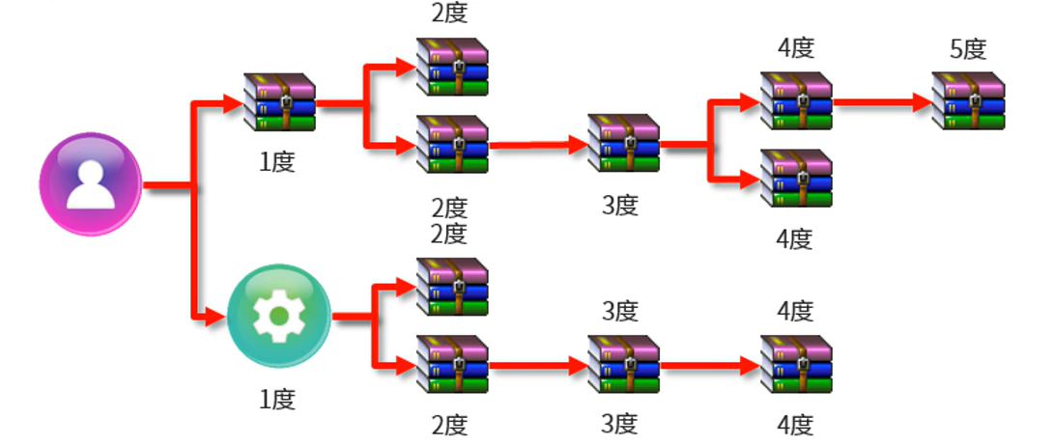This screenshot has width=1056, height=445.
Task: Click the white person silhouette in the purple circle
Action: click(90, 184)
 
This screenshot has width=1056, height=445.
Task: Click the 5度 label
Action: click(968, 48)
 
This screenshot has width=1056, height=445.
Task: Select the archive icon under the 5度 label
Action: click(968, 100)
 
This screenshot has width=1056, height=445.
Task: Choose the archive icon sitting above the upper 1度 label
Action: click(280, 100)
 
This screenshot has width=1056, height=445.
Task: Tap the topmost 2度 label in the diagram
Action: click(448, 14)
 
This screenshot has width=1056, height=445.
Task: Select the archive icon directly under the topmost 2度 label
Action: click(452, 67)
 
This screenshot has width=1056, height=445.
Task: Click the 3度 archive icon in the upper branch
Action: click(623, 143)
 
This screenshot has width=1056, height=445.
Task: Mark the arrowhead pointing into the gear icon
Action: click(214, 316)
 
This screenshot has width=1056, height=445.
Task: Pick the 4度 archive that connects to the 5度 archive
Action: click(796, 100)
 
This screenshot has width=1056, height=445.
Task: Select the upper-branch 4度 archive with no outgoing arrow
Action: click(796, 179)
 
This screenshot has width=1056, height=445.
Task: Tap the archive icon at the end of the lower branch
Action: click(796, 364)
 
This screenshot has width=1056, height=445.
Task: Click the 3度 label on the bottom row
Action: click(620, 423)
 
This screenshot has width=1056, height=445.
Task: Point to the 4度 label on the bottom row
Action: click(794, 423)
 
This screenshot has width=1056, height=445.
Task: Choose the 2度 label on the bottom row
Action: click(448, 423)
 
